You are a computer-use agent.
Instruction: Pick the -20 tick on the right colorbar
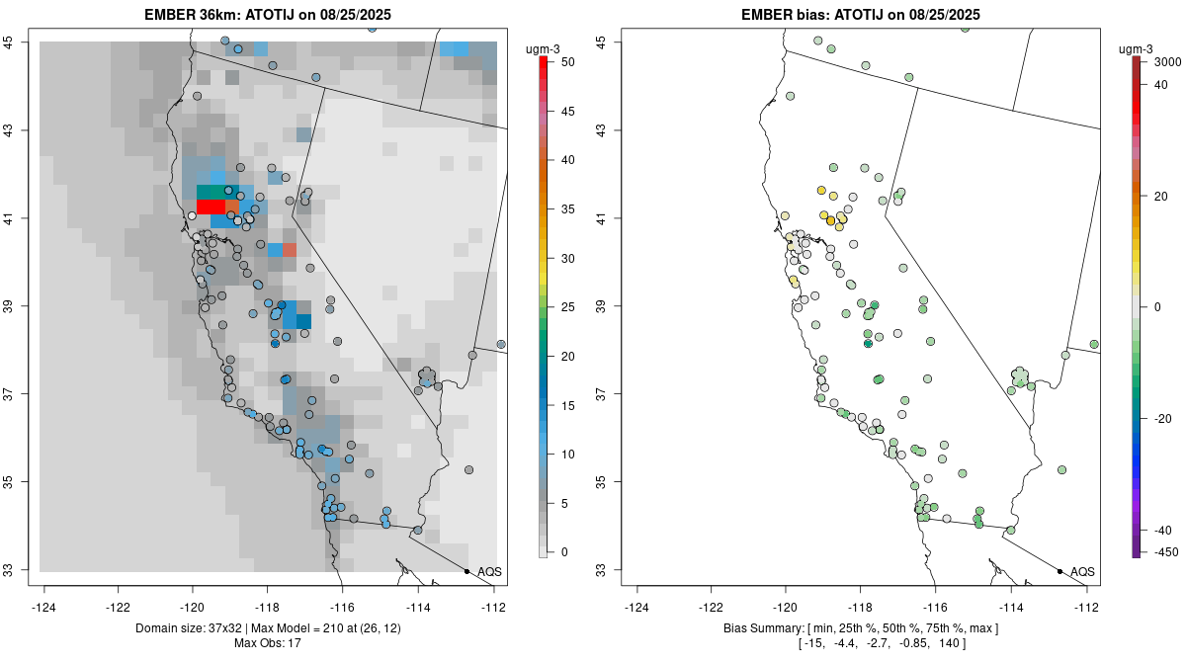click(x=1163, y=418)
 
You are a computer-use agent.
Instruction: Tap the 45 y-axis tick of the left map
click(x=20, y=41)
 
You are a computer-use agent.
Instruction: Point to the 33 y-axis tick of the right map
click(x=610, y=570)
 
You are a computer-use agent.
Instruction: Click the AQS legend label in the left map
click(x=489, y=572)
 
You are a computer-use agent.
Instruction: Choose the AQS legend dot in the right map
click(x=1059, y=571)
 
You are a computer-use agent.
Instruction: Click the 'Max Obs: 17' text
click(x=267, y=643)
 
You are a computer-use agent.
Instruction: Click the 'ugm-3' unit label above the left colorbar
click(x=550, y=43)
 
